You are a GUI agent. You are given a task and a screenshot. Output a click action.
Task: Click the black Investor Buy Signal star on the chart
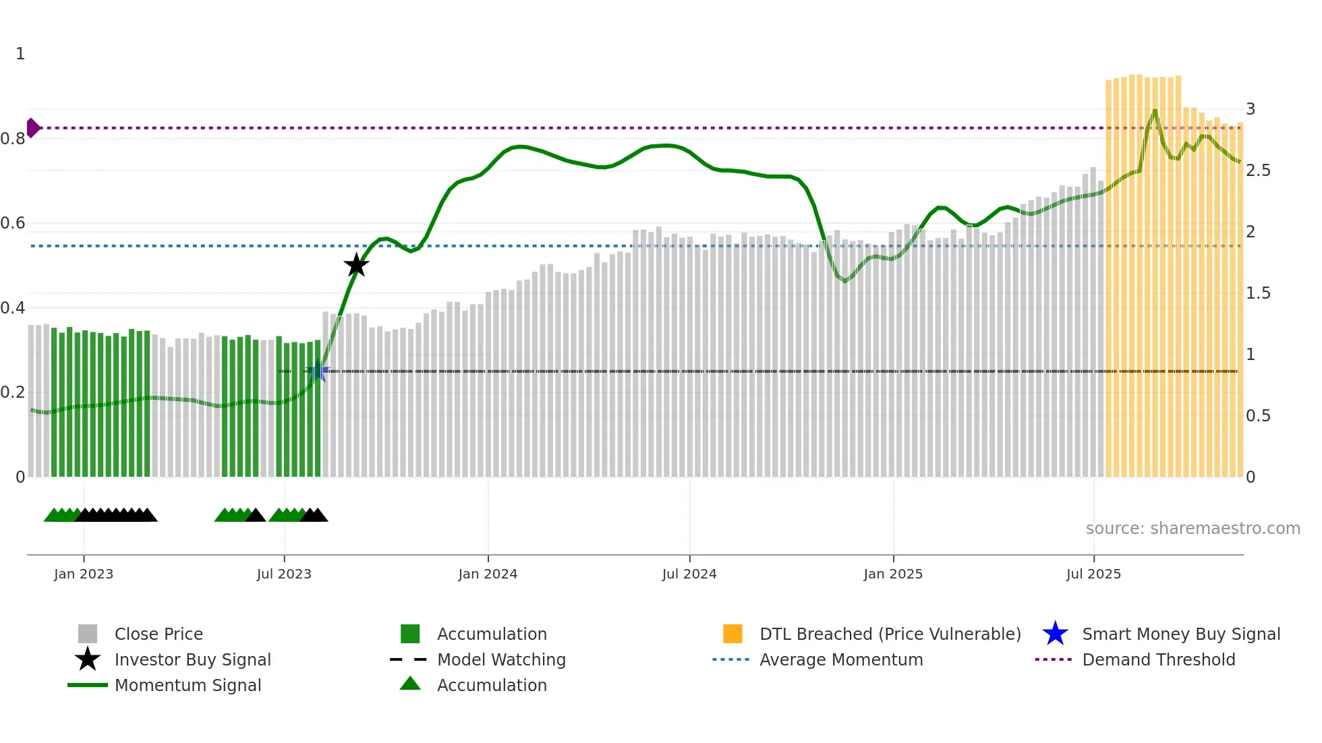356,265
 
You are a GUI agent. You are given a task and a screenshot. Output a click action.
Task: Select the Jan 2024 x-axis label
488,574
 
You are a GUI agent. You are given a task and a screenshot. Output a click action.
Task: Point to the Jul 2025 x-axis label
1093,574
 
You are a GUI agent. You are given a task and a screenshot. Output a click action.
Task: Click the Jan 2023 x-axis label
84,574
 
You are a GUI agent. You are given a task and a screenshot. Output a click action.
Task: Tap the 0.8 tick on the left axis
13,139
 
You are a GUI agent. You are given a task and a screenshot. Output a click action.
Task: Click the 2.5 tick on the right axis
1258,171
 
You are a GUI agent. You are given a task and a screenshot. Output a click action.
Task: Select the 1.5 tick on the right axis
1258,293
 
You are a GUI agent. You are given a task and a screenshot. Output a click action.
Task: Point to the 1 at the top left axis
20,54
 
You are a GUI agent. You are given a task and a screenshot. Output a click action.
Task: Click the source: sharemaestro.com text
1192,529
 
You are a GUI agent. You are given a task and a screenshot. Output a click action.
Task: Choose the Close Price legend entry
159,634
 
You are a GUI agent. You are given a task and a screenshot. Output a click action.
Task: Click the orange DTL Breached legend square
732,634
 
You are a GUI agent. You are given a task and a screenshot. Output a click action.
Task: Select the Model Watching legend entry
501,659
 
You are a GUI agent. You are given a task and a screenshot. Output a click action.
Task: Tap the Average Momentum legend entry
841,659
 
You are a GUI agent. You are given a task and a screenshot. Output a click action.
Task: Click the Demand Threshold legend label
1158,659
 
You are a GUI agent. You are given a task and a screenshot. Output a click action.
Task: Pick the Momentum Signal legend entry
188,685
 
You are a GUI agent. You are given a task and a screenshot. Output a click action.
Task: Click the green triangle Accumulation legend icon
410,684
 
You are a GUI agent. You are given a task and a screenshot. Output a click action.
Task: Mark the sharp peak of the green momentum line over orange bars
1155,110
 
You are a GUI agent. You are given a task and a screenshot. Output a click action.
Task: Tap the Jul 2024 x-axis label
689,574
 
